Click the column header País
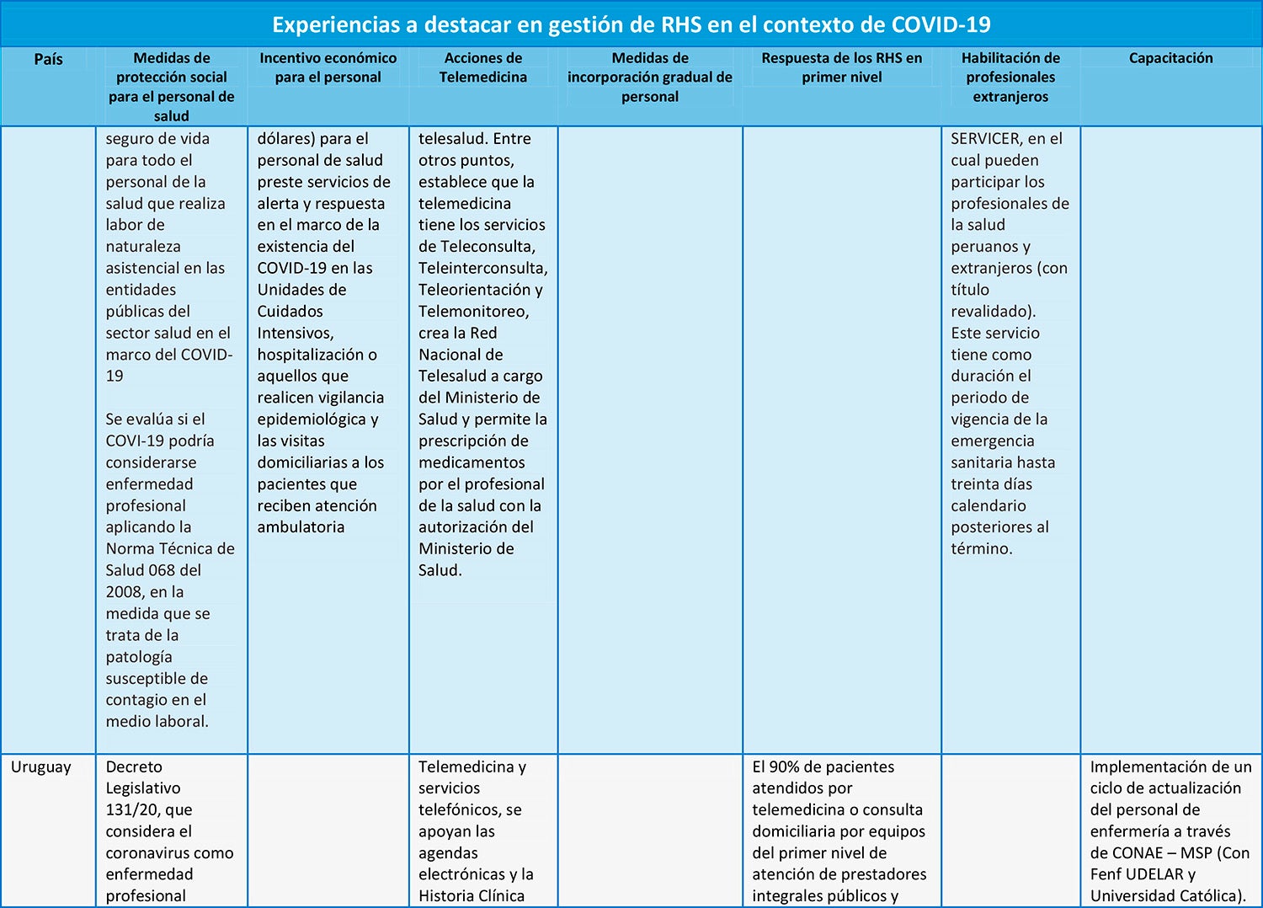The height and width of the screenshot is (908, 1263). coord(48,59)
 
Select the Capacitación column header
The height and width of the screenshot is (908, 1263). coord(1170,58)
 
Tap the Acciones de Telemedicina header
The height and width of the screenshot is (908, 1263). coord(483,67)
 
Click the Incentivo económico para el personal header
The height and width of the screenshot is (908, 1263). coord(328,67)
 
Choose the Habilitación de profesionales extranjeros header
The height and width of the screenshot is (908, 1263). coord(1010,77)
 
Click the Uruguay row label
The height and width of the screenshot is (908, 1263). coord(41,766)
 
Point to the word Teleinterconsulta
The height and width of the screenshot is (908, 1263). coord(482,268)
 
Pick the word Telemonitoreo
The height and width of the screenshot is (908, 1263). coord(473,312)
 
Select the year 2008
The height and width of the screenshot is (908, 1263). coord(124,592)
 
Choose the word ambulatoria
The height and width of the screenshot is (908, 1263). coord(301,527)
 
